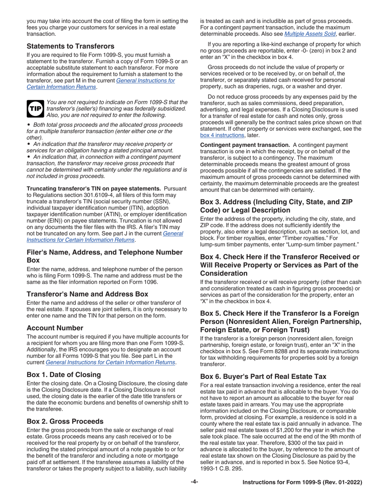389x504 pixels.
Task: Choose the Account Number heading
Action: pos(55,328)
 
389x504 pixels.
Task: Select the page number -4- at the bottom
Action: pos(194,482)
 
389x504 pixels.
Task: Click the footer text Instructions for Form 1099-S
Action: pos(302,482)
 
